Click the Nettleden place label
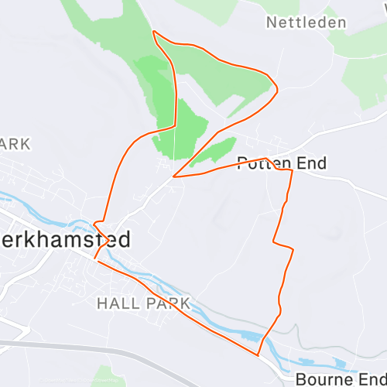[306, 22]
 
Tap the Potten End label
[282, 163]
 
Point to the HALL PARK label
[143, 303]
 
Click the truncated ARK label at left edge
[15, 143]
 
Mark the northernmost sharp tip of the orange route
[154, 32]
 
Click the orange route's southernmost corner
[259, 355]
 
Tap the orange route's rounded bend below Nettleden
[275, 87]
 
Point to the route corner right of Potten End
[291, 171]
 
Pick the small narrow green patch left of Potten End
[213, 150]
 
